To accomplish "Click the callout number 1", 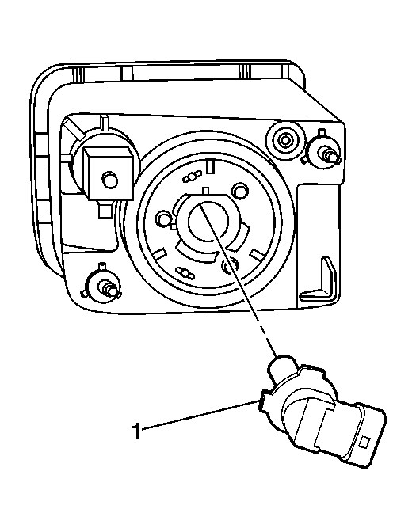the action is click(135, 431).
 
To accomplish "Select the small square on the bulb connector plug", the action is click(364, 442).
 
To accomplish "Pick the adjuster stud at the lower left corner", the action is click(102, 282).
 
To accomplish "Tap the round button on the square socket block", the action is click(109, 180).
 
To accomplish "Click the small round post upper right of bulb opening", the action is click(240, 191).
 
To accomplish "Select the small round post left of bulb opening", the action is click(163, 218).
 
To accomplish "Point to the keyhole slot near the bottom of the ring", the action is click(185, 273).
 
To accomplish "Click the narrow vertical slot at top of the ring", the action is click(211, 167).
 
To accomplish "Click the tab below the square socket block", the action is click(105, 210).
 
